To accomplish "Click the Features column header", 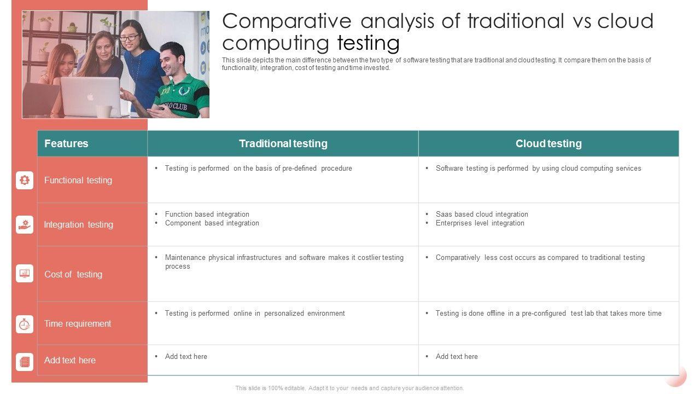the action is (66, 143).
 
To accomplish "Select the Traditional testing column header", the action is (283, 143).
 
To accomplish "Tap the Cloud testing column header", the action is (549, 143).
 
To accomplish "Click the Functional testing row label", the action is (78, 181).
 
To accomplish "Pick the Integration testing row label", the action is (78, 224).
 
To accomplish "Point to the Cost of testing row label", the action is (73, 274).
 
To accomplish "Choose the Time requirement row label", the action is (78, 323).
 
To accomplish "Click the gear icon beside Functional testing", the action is (25, 180).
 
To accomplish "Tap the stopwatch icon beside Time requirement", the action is (25, 324).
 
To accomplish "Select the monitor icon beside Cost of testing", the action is (25, 274).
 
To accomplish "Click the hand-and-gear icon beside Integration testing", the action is (25, 224).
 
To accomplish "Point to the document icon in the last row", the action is (25, 362).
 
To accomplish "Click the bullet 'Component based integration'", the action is (212, 223).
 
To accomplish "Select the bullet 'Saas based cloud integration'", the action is (482, 214).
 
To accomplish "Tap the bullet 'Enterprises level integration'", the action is (480, 223).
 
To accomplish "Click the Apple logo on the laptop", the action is (90, 97).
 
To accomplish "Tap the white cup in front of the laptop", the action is (103, 112).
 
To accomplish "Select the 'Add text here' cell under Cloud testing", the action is (457, 356).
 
